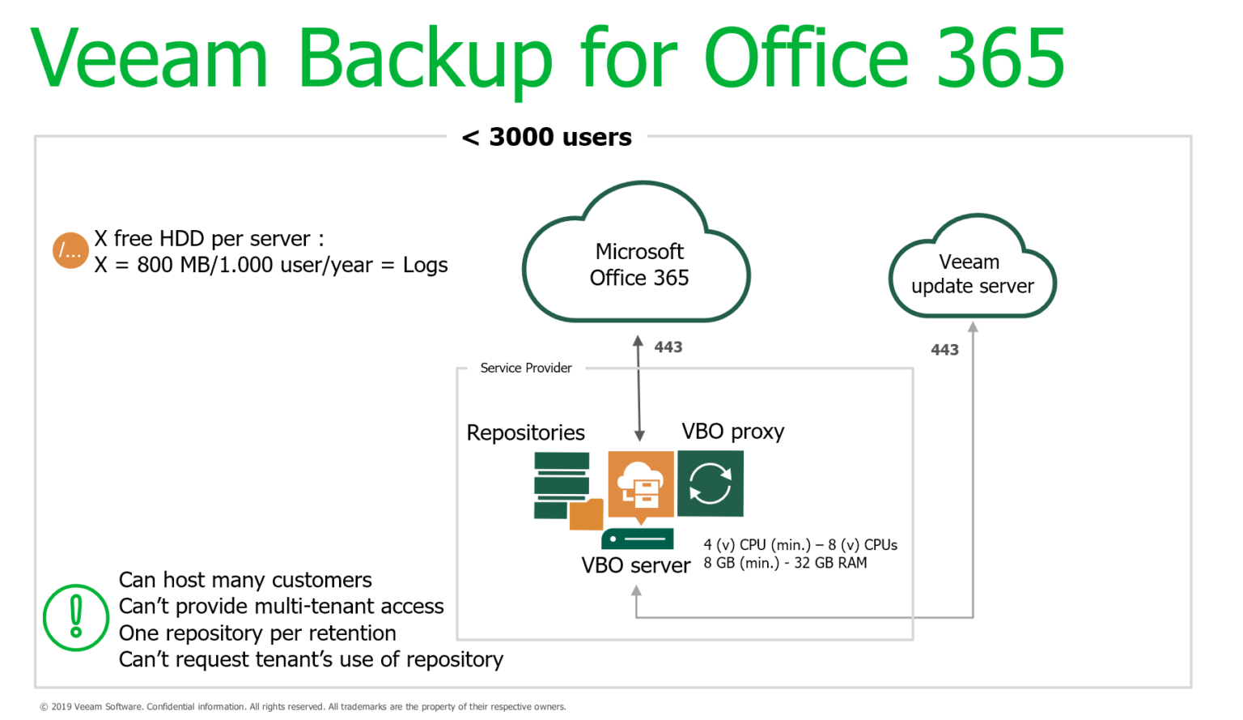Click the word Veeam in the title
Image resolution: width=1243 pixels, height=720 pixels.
pyautogui.click(x=150, y=58)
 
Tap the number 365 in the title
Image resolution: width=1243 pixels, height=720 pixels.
pyautogui.click(x=1000, y=58)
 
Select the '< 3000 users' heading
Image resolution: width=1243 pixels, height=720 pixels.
pyautogui.click(x=547, y=138)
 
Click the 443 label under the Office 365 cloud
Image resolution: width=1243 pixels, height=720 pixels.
pyautogui.click(x=668, y=347)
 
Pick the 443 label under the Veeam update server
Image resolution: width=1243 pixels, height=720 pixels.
pyautogui.click(x=944, y=350)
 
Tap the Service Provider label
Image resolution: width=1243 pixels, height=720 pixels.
pyautogui.click(x=526, y=369)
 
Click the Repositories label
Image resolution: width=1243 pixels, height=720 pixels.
pyautogui.click(x=525, y=432)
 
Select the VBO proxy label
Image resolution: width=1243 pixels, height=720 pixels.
pyautogui.click(x=732, y=432)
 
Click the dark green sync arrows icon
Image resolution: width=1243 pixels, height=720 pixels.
pyautogui.click(x=710, y=484)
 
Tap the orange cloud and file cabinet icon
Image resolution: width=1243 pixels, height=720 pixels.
pyautogui.click(x=641, y=484)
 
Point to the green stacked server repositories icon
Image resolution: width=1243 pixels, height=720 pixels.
pyautogui.click(x=563, y=486)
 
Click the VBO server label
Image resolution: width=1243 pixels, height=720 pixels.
pyautogui.click(x=635, y=565)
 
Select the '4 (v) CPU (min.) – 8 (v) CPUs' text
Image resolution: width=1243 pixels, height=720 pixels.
pyautogui.click(x=800, y=545)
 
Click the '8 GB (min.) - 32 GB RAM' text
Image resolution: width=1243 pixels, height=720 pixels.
pyautogui.click(x=785, y=563)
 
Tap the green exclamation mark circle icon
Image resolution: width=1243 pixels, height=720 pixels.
pyautogui.click(x=76, y=617)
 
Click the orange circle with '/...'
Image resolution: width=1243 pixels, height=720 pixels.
pyautogui.click(x=70, y=251)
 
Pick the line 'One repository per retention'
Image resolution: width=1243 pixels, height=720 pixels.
pyautogui.click(x=257, y=633)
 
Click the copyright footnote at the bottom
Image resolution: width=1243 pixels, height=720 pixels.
pyautogui.click(x=303, y=707)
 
